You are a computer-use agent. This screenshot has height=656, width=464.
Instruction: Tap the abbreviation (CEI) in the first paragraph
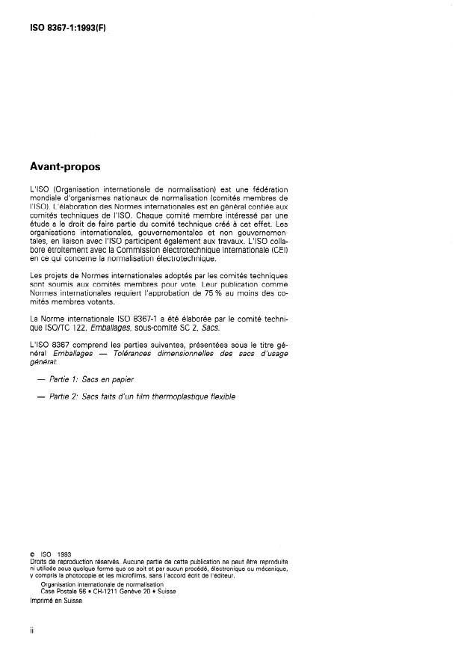(279, 251)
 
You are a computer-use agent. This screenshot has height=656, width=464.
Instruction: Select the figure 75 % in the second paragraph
(208, 293)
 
